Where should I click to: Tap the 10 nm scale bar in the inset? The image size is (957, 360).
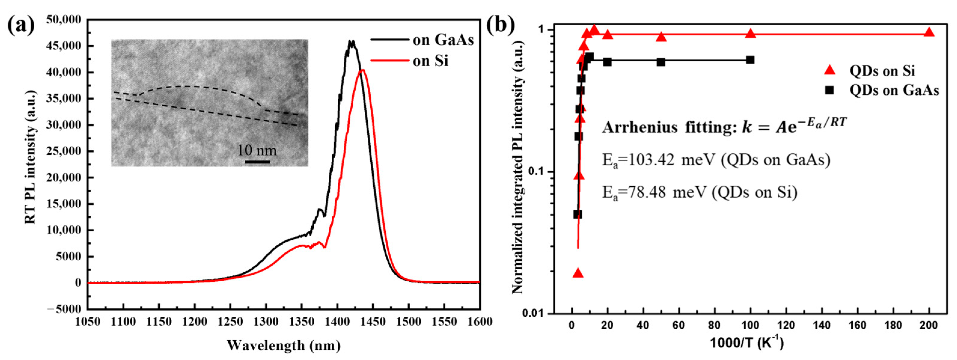click(x=257, y=161)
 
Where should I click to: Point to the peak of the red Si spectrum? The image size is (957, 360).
click(x=363, y=70)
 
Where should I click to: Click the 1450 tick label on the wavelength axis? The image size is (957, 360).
click(x=373, y=322)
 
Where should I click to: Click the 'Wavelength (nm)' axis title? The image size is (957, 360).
click(x=284, y=346)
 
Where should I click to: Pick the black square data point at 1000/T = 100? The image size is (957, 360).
click(x=750, y=60)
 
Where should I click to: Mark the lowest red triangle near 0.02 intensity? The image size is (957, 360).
click(x=578, y=273)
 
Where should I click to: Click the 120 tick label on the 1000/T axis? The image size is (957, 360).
click(x=786, y=326)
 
